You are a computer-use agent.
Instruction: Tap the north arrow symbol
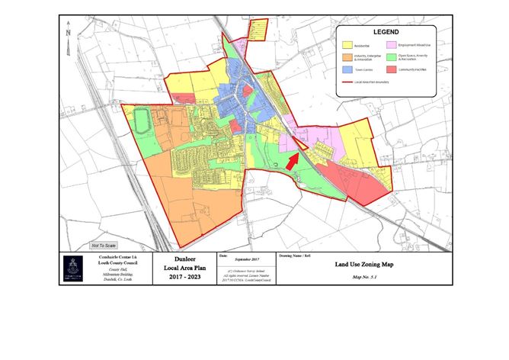pyautogui.click(x=69, y=32)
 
